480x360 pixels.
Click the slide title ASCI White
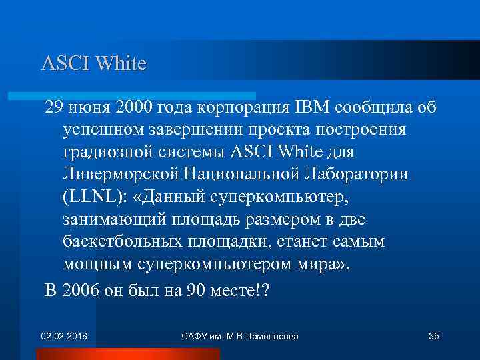point(93,63)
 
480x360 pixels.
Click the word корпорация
point(237,108)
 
